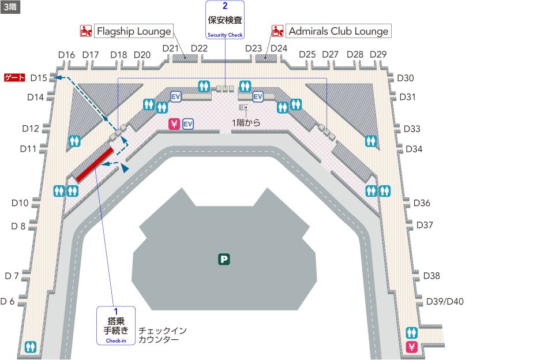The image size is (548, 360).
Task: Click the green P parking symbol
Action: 224,260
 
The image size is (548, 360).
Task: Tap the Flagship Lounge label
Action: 134,31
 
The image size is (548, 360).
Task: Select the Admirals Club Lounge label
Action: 338,31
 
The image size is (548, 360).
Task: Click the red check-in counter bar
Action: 94,165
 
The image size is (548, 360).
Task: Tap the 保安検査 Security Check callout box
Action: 225,20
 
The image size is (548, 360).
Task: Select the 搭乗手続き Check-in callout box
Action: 115,326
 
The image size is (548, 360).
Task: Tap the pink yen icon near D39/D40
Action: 412,347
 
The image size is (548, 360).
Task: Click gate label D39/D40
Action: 445,302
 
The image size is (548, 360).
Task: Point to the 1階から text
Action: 246,122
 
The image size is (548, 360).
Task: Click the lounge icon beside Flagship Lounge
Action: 86,31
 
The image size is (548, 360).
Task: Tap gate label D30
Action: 406,78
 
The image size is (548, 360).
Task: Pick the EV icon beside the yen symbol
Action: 188,124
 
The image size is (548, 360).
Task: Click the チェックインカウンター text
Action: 163,335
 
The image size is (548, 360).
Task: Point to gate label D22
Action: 199,48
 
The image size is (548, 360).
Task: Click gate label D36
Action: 422,203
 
